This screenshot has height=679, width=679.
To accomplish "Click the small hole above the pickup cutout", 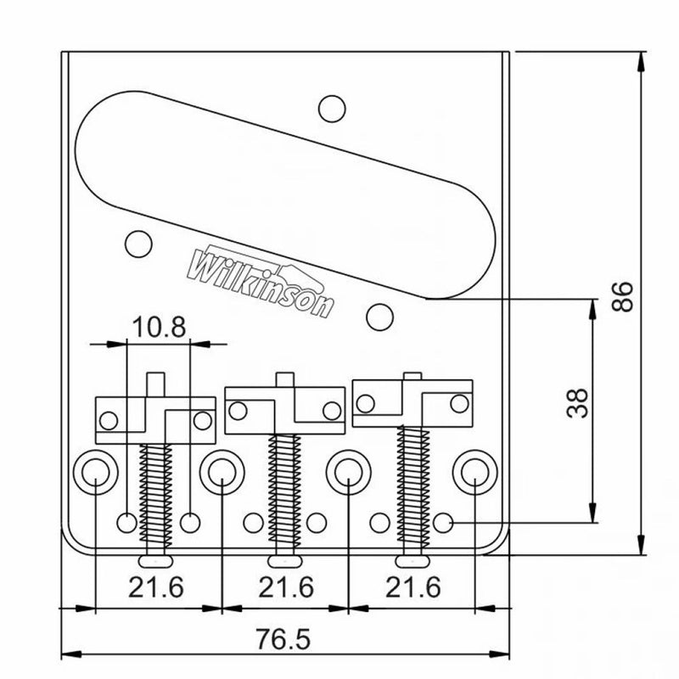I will tap(332, 109).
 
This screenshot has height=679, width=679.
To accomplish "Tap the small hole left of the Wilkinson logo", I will tap(135, 242).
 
